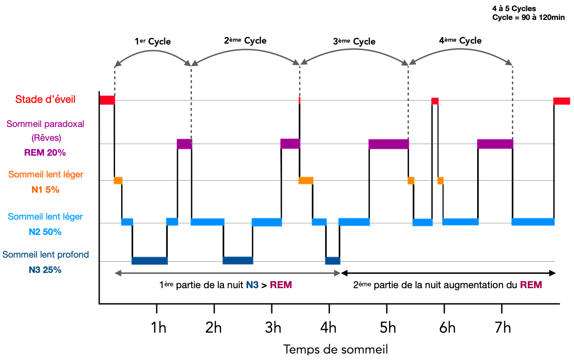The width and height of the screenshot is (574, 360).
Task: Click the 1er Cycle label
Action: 153,42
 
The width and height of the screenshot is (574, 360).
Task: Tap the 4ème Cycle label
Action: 460,41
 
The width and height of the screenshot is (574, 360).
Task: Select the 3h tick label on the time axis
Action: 273,328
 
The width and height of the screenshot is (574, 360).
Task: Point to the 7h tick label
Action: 503,328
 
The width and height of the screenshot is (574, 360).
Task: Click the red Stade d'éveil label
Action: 45,99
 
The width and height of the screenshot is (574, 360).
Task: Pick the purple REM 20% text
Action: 42,152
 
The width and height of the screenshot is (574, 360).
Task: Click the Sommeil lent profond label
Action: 45,255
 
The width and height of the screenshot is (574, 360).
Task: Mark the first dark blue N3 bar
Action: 149,260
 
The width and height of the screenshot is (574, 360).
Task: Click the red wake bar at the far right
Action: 561,101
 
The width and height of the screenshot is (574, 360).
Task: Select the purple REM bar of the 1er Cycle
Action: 184,144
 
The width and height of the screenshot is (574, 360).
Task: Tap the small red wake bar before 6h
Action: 434,101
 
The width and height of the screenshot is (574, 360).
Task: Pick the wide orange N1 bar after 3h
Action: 306,180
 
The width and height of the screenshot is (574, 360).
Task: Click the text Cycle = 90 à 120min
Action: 528,18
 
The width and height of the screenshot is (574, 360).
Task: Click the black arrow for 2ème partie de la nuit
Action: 448,273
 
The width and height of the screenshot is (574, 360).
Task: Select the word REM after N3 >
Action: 281,285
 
